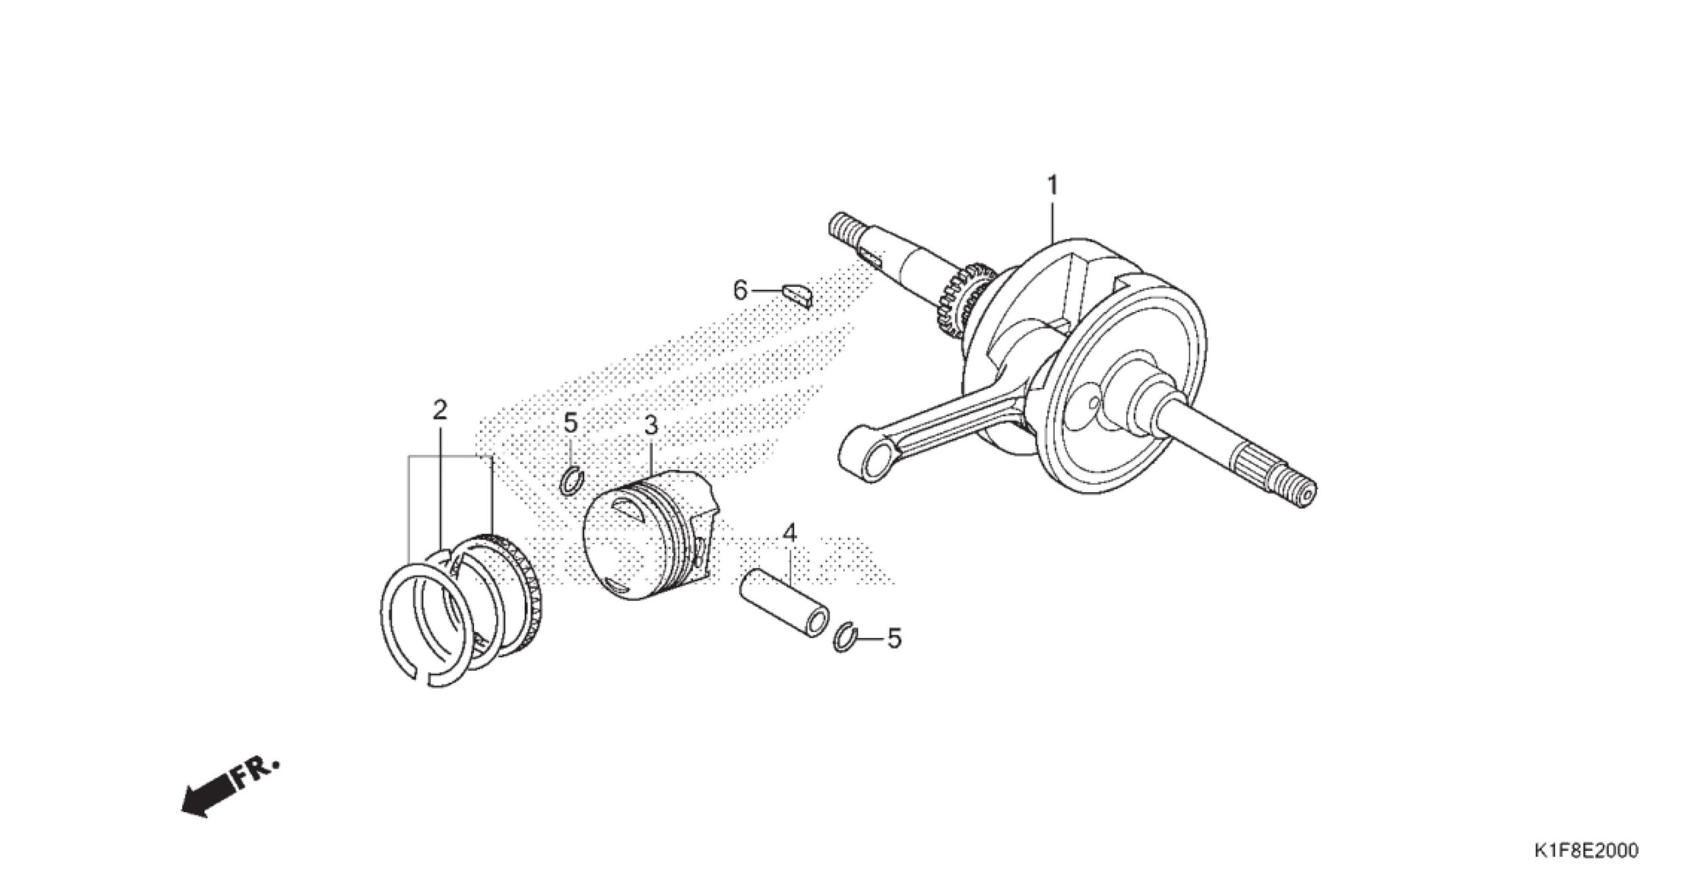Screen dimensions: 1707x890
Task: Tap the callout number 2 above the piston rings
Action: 439,410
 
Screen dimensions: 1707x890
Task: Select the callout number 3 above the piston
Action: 650,425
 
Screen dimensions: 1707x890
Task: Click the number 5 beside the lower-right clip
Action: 894,639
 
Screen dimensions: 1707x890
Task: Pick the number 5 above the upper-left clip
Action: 571,423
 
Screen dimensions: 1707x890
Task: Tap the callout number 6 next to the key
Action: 740,291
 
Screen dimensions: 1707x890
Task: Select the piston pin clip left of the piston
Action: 572,483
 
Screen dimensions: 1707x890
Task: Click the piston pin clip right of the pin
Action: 844,638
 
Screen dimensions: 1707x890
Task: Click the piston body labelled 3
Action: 650,536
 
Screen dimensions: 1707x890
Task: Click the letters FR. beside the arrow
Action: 255,775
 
